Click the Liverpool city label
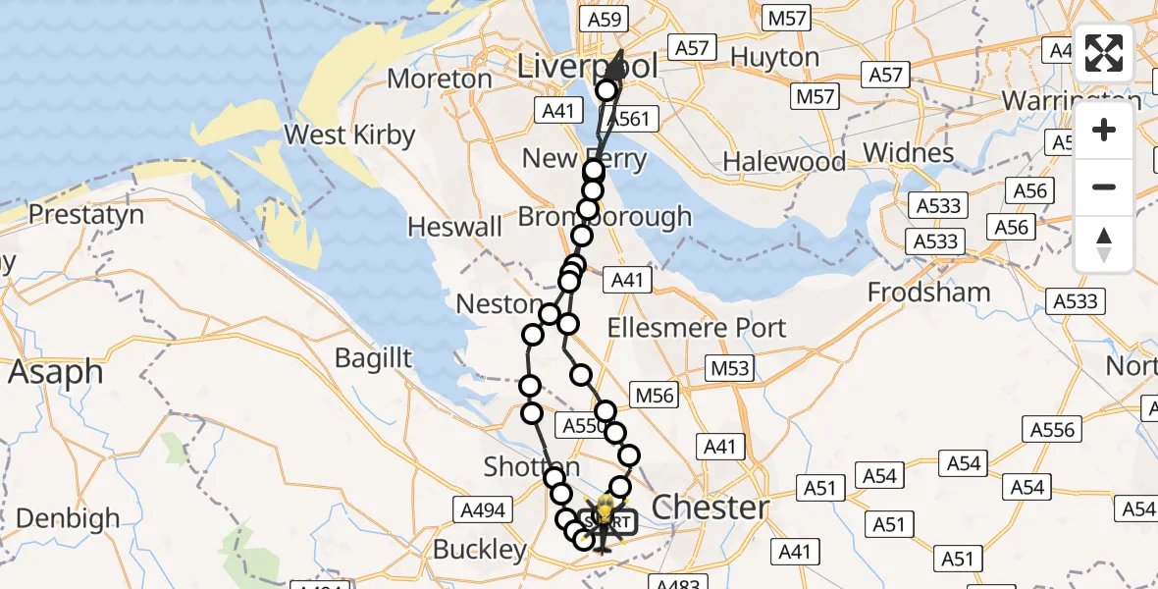pos(587,68)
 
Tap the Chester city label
pos(711,508)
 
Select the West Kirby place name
pos(349,135)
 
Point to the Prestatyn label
pos(86,214)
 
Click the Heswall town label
pos(454,227)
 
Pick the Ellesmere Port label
pos(697,328)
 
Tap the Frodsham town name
pos(928,292)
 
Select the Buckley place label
pos(480,549)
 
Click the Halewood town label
pos(784,161)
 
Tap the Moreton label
pos(440,79)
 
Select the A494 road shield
pos(483,509)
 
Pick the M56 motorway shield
pos(656,395)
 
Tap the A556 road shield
pos(1053,429)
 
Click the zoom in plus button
pos(1104,130)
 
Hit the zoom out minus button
pos(1104,187)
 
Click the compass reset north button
pos(1104,243)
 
